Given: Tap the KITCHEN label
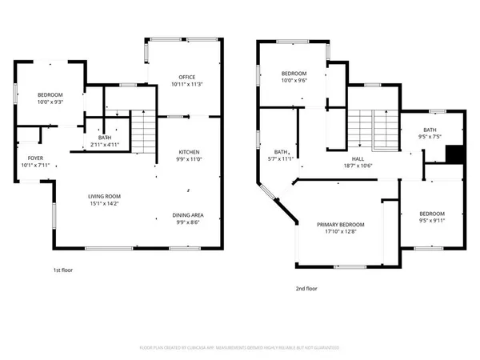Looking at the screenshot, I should pos(189,152).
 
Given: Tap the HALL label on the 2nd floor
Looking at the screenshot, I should pos(368,159).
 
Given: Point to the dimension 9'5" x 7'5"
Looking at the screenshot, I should pos(430,137).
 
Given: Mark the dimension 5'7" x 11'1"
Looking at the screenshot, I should pos(281,158).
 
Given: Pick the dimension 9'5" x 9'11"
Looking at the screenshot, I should pos(431,221).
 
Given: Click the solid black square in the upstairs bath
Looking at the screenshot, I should pos(454,153).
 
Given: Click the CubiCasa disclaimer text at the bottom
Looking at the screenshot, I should pos(239,348).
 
